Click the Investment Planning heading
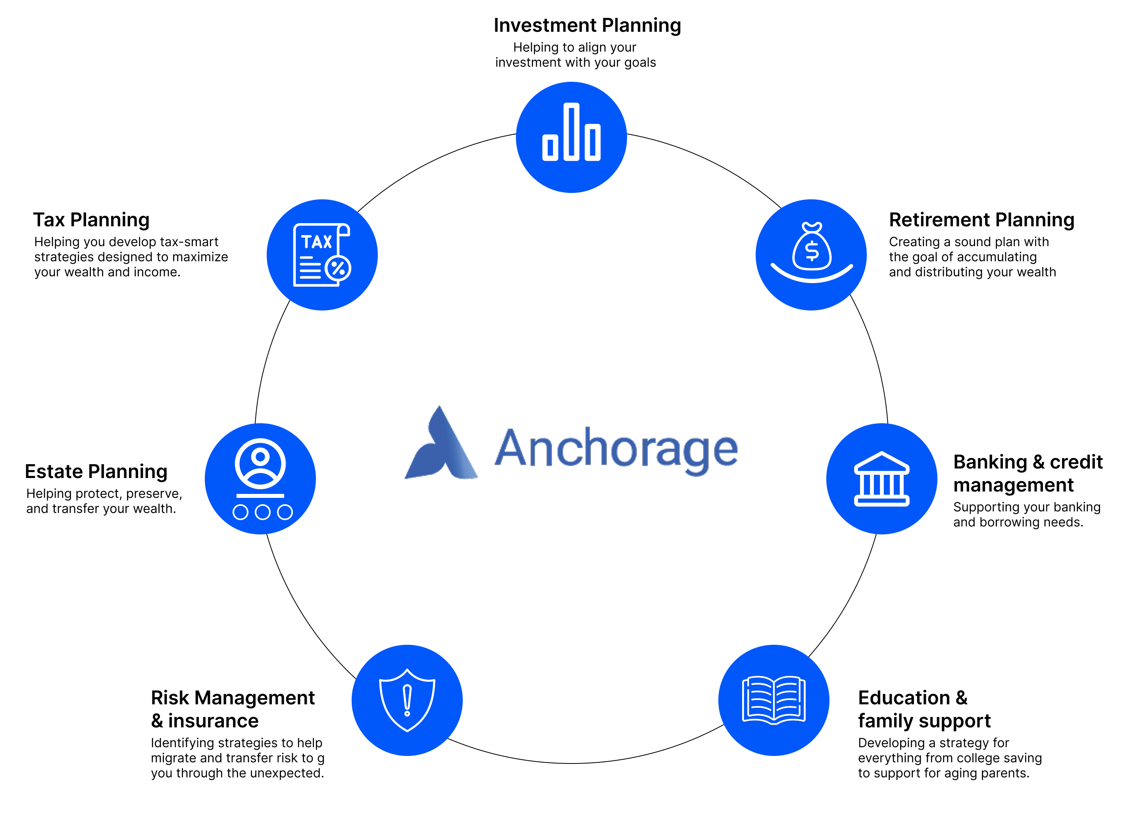pyautogui.click(x=587, y=25)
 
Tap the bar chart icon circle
pyautogui.click(x=571, y=137)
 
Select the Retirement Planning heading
pyautogui.click(x=981, y=220)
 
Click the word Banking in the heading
pyautogui.click(x=990, y=462)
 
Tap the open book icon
pyautogui.click(x=774, y=700)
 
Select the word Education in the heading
pyautogui.click(x=904, y=698)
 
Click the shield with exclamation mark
pyautogui.click(x=407, y=700)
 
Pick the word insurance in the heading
pyautogui.click(x=213, y=721)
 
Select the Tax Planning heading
pyautogui.click(x=91, y=220)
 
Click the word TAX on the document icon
pyautogui.click(x=316, y=242)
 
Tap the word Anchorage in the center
pyautogui.click(x=616, y=449)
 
